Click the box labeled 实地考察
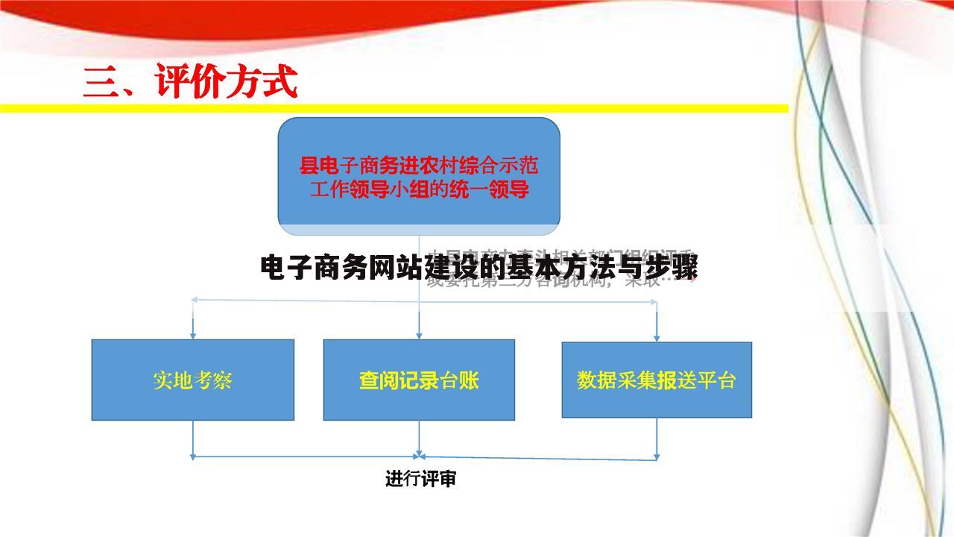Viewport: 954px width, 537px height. [x=192, y=380]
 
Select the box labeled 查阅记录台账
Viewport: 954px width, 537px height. [x=419, y=380]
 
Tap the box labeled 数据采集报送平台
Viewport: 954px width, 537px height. [x=656, y=380]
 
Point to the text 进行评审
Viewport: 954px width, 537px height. [x=420, y=479]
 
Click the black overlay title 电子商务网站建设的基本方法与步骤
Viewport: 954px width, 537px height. [x=479, y=268]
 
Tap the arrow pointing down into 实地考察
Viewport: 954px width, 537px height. [x=193, y=328]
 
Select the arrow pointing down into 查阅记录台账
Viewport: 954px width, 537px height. [x=419, y=328]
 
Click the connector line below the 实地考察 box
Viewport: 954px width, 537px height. [x=193, y=439]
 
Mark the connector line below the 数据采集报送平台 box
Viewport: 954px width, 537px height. [x=657, y=439]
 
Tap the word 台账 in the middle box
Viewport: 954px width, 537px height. [x=459, y=380]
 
